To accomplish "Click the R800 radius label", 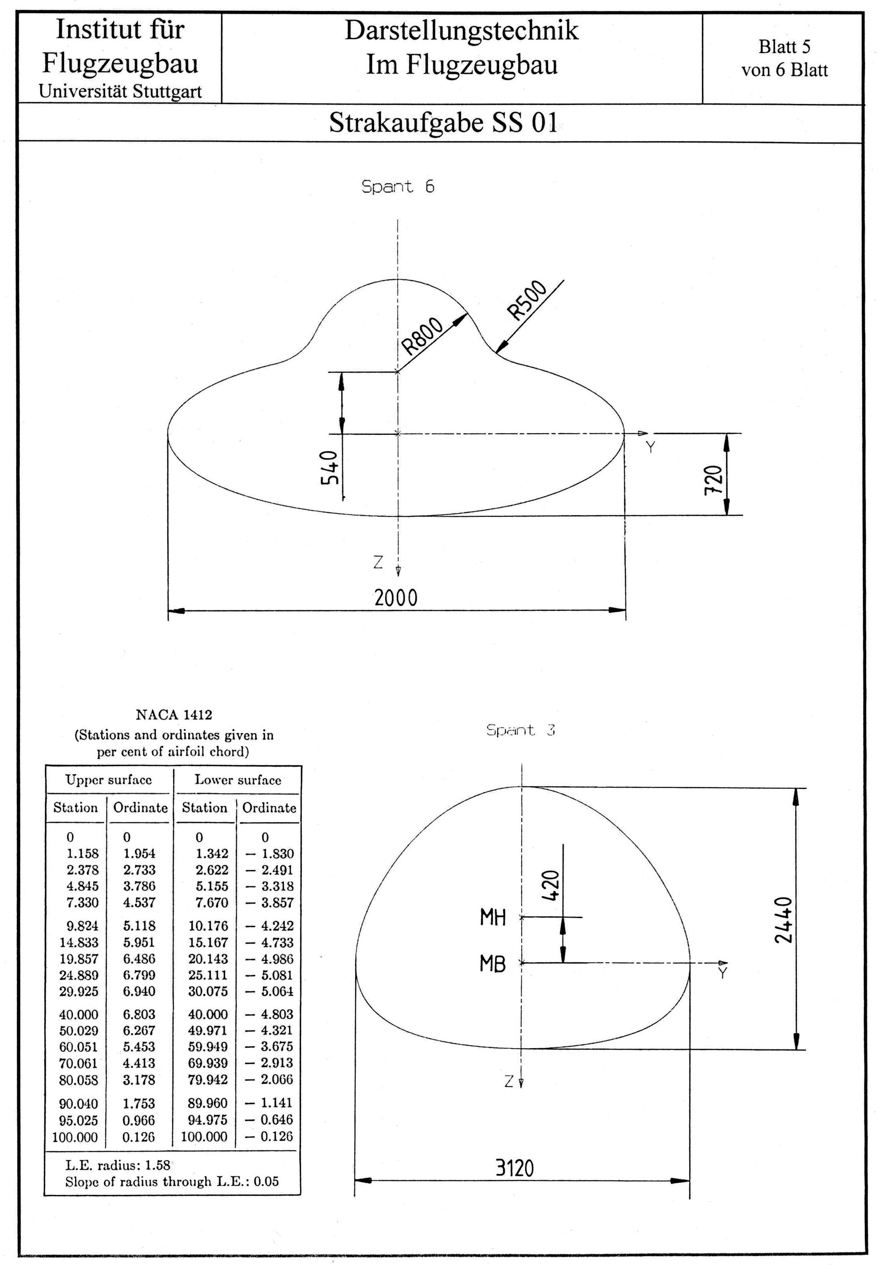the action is (422, 336).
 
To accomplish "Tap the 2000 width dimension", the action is (396, 597).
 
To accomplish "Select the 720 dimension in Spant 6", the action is (713, 480).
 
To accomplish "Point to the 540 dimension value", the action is (329, 468).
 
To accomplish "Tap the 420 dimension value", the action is (551, 885).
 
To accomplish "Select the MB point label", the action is (492, 964).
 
